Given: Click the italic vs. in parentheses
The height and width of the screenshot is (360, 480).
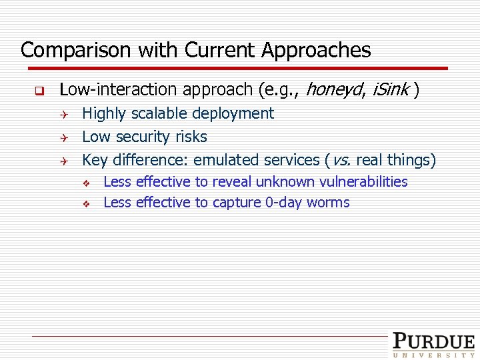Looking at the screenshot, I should point(341,161).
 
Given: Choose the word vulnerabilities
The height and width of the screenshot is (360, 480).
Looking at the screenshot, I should point(363,182).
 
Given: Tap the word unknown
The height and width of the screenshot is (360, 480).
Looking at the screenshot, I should point(286,182).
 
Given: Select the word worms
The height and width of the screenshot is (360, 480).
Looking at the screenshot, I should point(328,203).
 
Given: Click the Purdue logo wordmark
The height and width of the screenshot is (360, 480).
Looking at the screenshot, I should point(433,341).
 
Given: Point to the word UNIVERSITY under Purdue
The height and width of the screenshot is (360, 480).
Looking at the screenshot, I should point(433,355).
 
